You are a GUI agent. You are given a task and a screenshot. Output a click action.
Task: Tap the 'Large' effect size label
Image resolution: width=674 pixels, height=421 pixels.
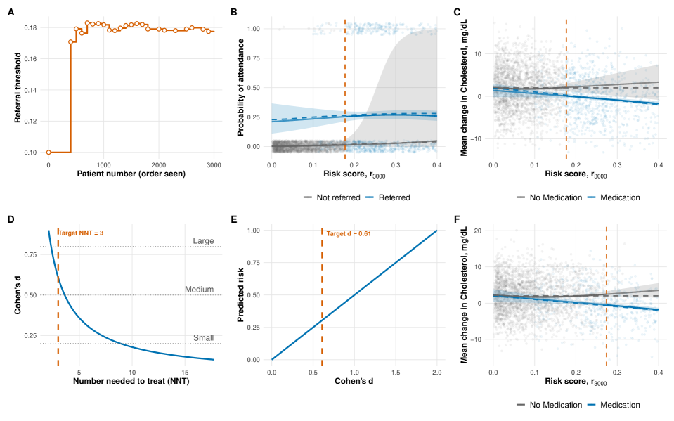(203, 241)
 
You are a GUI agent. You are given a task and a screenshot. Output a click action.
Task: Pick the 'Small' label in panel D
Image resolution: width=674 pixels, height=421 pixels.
(203, 338)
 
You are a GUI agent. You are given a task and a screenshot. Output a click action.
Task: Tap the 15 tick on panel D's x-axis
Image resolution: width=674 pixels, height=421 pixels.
(183, 371)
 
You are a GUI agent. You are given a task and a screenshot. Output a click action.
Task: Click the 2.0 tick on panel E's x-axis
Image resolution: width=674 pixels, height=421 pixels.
(436, 371)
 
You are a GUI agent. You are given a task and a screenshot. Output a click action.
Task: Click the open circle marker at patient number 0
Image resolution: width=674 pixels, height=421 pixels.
(48, 152)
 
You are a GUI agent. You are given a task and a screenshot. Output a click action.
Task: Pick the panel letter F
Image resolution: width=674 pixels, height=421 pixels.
(458, 219)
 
